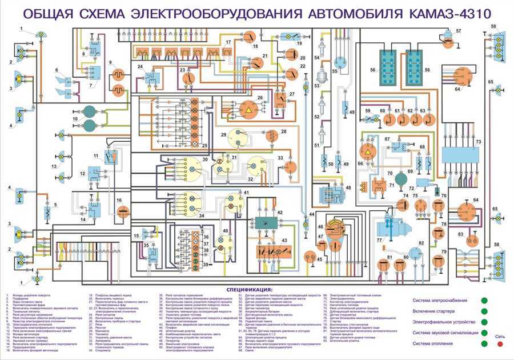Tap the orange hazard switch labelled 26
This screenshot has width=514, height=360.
tap(249, 109)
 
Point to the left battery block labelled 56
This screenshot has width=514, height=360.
tap(390, 68)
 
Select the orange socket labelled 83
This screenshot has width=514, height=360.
tap(471, 241)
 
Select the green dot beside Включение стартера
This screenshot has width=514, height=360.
tap(484, 311)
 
